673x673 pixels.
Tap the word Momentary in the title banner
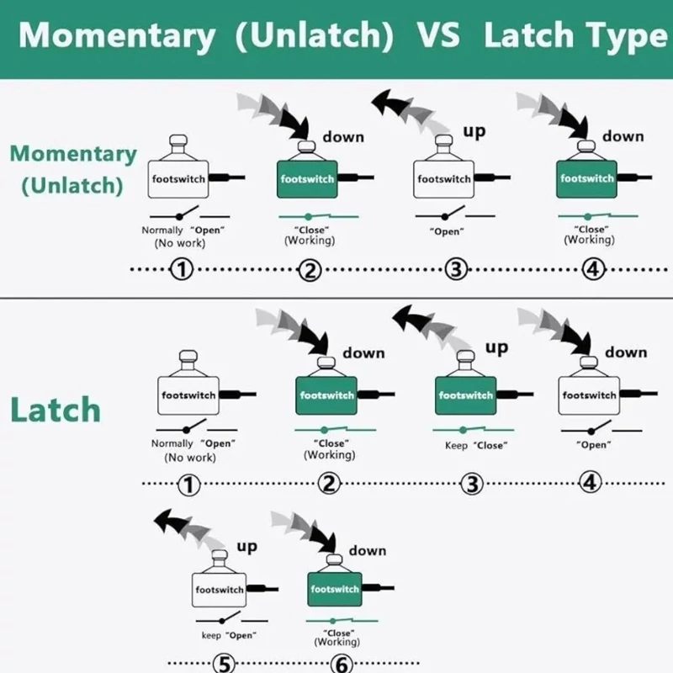click(x=117, y=36)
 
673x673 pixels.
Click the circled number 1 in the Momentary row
click(x=182, y=270)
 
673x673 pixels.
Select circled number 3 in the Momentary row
click(x=455, y=270)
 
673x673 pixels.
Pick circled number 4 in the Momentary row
click(x=593, y=270)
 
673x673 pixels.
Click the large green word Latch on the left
click(x=56, y=410)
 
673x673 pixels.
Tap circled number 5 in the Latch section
click(x=224, y=664)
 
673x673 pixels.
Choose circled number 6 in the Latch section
click(x=342, y=664)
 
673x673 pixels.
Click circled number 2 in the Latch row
click(x=330, y=484)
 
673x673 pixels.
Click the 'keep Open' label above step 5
click(x=228, y=635)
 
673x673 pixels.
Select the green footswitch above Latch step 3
click(x=466, y=394)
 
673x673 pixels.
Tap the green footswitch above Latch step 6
click(x=335, y=588)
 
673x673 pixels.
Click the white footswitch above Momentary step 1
click(x=178, y=178)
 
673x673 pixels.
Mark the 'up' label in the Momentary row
click(x=474, y=130)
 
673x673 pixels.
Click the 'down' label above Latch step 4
click(x=625, y=352)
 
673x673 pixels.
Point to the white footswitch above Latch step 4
click(x=589, y=394)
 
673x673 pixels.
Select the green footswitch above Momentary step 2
click(x=307, y=178)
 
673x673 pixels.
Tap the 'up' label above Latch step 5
click(x=246, y=547)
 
